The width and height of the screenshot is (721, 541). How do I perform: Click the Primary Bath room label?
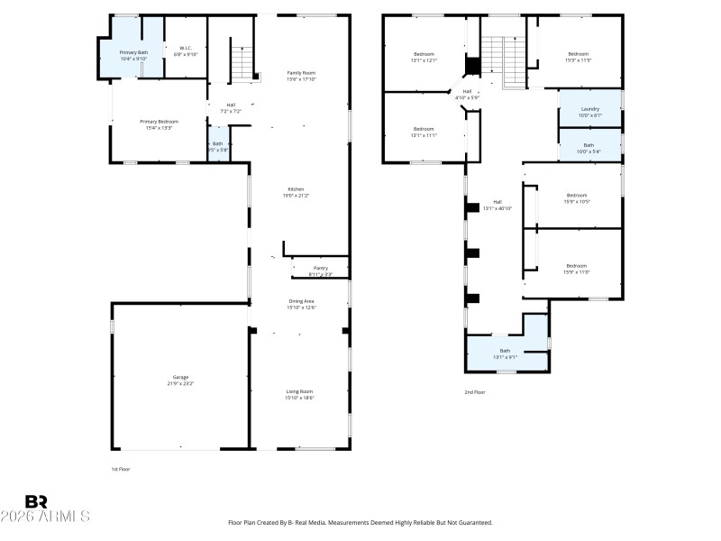pyautogui.click(x=133, y=55)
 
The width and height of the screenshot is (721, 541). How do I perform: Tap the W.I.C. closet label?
pyautogui.click(x=186, y=51)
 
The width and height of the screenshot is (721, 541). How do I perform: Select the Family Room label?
pyautogui.click(x=301, y=75)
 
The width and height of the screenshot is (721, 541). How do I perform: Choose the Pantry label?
pyautogui.click(x=320, y=270)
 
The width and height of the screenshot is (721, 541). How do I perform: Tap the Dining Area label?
pyautogui.click(x=301, y=305)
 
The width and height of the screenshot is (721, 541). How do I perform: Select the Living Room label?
pyautogui.click(x=300, y=394)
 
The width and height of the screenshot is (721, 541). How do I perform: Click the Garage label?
pyautogui.click(x=180, y=381)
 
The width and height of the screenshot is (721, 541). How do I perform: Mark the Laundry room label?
pyautogui.click(x=589, y=112)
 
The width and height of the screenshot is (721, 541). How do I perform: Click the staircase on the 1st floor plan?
pyautogui.click(x=242, y=63)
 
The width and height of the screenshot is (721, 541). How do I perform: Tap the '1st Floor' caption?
pyautogui.click(x=120, y=469)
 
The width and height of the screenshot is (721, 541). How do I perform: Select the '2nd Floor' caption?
pyautogui.click(x=476, y=392)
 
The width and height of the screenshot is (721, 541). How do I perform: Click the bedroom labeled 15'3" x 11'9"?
pyautogui.click(x=579, y=57)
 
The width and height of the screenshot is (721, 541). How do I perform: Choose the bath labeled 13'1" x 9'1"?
pyautogui.click(x=505, y=353)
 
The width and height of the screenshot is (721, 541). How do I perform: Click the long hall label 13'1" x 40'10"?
pyautogui.click(x=497, y=205)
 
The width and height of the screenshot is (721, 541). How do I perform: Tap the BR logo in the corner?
pyautogui.click(x=36, y=501)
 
